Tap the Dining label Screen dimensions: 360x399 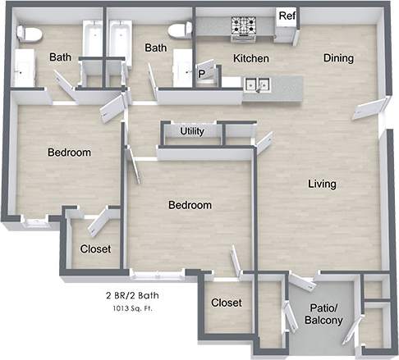[x=337, y=58]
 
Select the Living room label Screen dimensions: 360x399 [x=322, y=184]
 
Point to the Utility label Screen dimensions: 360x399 [x=192, y=131]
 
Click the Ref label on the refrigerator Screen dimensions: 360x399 [x=286, y=16]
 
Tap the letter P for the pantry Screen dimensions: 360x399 [x=202, y=74]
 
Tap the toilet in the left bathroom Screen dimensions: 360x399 [x=30, y=34]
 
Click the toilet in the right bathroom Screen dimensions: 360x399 [x=179, y=30]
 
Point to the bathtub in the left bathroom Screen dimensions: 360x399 [x=92, y=41]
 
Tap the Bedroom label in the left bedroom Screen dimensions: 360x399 [x=69, y=153]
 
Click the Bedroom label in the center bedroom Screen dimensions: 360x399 [x=190, y=205]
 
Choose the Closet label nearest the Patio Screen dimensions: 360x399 [x=227, y=303]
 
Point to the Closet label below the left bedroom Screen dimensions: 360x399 [x=95, y=248]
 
